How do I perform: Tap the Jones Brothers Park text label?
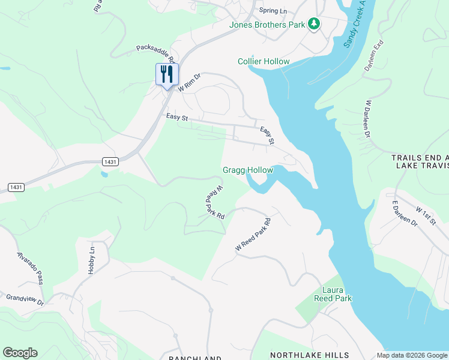pyautogui.click(x=267, y=25)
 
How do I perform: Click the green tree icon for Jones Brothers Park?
pyautogui.click(x=313, y=24)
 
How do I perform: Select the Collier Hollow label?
pyautogui.click(x=264, y=62)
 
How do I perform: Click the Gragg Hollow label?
pyautogui.click(x=248, y=170)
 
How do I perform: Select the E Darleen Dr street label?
pyautogui.click(x=405, y=213)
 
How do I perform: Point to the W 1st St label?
pyautogui.click(x=426, y=216)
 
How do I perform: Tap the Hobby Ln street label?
pyautogui.click(x=92, y=261)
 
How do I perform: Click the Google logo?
pyautogui.click(x=20, y=353)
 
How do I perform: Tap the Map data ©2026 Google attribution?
pyautogui.click(x=412, y=355)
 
